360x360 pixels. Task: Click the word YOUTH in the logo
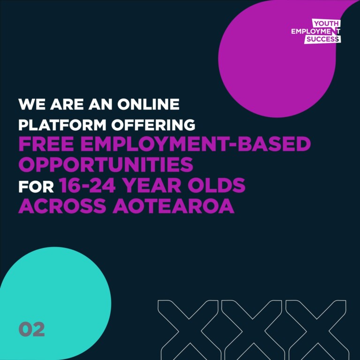pos(326,23)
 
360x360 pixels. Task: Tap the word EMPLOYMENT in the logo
pos(315,31)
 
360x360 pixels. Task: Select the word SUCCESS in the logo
pos(322,39)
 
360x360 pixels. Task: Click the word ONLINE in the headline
pos(148,104)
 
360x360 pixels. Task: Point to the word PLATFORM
pos(62,125)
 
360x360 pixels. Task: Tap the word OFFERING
pos(153,125)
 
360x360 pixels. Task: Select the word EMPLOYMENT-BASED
pos(195,144)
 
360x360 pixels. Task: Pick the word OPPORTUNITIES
pos(106,165)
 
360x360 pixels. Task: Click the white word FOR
pos(36,187)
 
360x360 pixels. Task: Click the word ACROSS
pos(62,206)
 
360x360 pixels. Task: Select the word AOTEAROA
pos(173,206)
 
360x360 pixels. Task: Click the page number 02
pos(32,329)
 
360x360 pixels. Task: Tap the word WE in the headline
pos(32,104)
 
